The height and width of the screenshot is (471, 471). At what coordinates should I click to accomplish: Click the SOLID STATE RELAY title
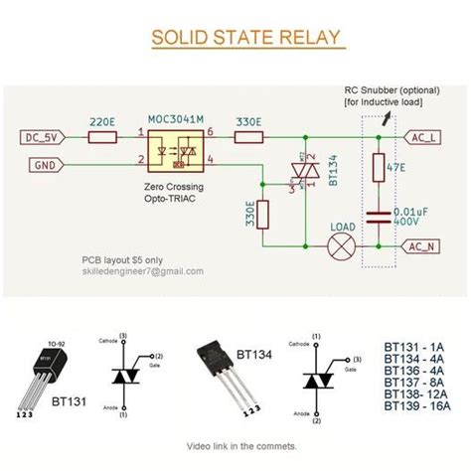coord(247,39)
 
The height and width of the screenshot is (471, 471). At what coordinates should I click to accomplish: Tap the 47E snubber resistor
coord(379,169)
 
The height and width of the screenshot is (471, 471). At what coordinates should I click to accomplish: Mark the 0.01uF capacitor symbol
coord(379,216)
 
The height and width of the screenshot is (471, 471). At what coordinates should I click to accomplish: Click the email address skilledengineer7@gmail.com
coord(142,270)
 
